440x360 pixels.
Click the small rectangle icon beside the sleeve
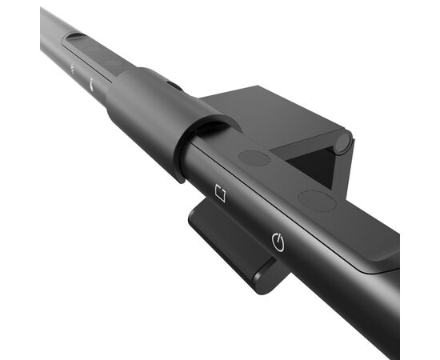point(222,193)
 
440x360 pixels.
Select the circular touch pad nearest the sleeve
point(254,158)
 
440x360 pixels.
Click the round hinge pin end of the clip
point(342,143)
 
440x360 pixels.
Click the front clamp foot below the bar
point(228,244)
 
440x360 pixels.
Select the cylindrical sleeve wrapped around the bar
point(152,112)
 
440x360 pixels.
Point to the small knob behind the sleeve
point(173,84)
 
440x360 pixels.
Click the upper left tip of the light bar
point(44,16)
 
